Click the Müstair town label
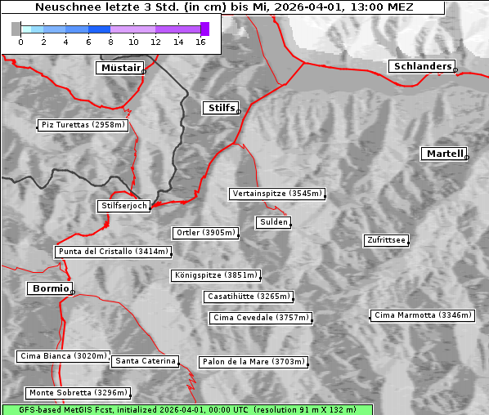point(119,68)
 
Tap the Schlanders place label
point(421,66)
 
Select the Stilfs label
point(220,108)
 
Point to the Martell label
point(444,154)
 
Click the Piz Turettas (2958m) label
point(83,125)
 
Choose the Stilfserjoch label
point(123,206)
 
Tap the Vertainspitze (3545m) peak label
point(277,194)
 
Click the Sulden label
point(272,222)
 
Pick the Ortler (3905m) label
point(205,233)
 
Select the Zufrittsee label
point(386,240)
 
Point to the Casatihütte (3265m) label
point(248,296)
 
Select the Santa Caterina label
point(146,361)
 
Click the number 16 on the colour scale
point(200,42)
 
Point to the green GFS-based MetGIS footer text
point(186,409)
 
